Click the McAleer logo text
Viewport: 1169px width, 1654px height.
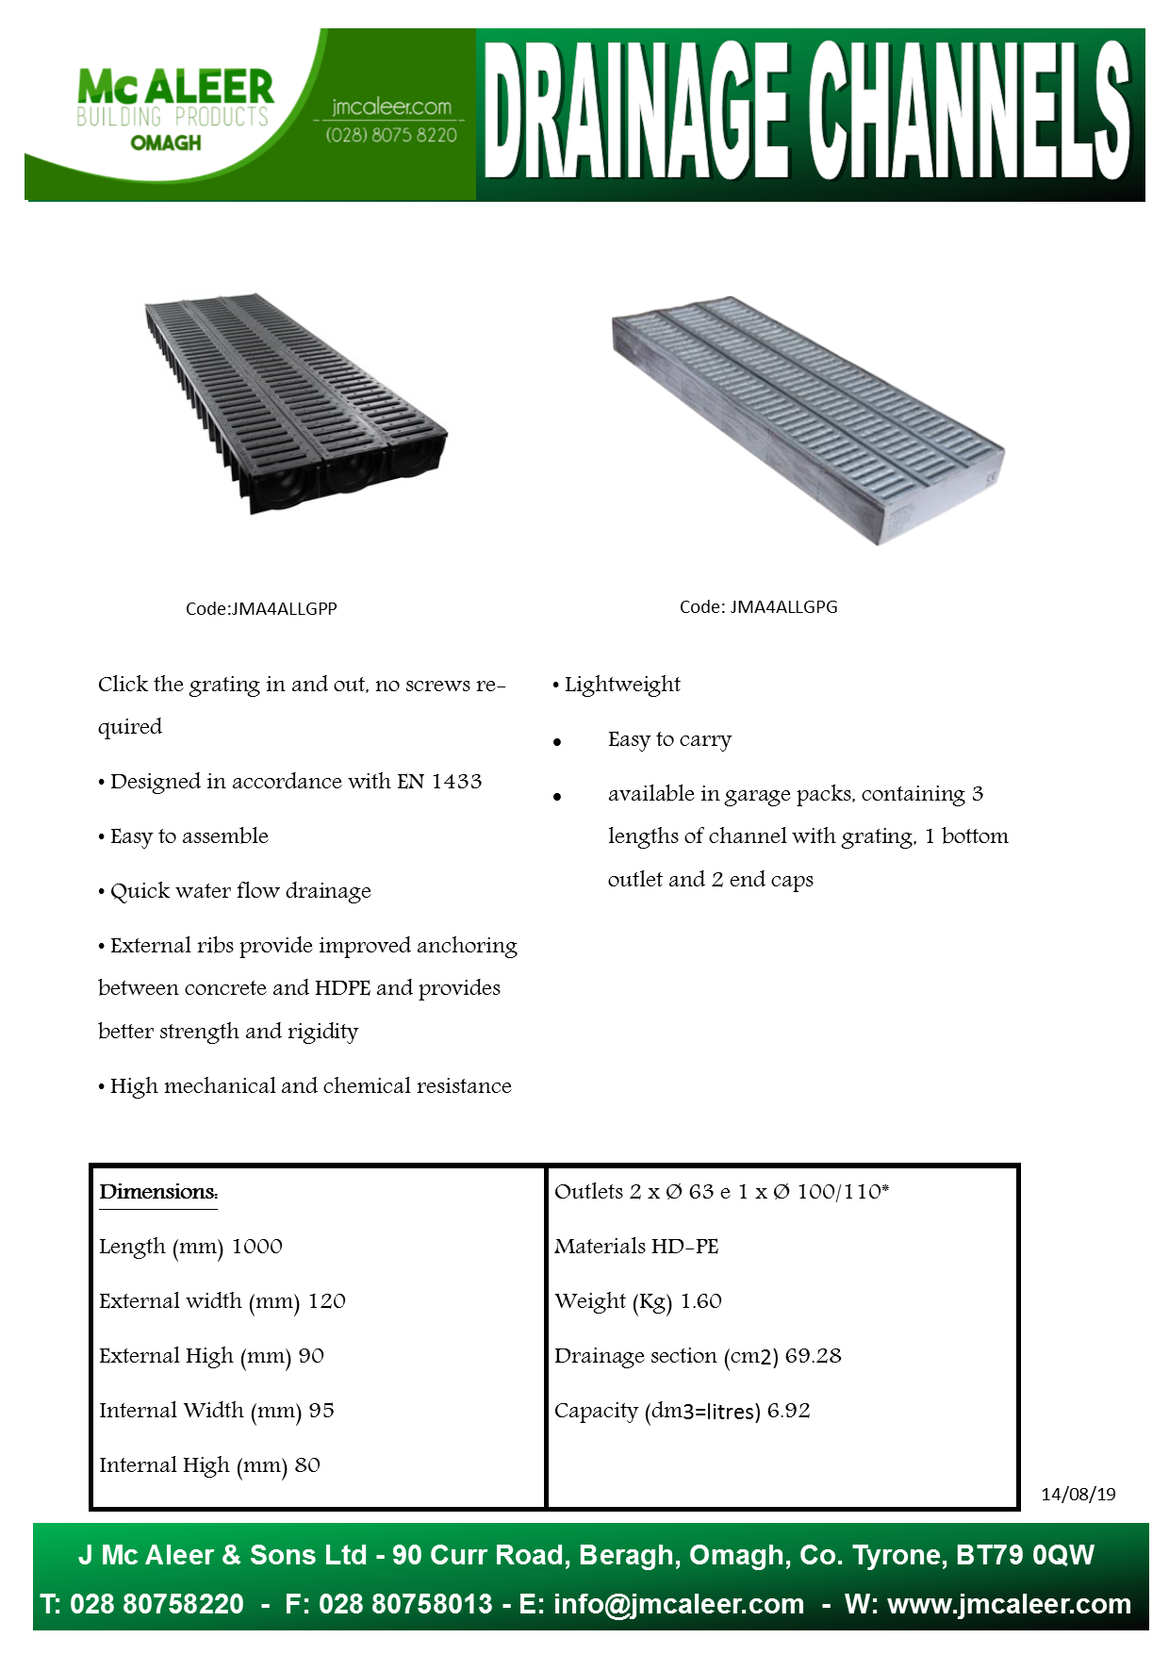(175, 88)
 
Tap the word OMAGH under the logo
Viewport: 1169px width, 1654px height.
(166, 143)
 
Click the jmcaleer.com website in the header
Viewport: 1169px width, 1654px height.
(391, 107)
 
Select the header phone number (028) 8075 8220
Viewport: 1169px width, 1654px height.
(391, 135)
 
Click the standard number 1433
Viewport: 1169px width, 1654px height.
(456, 782)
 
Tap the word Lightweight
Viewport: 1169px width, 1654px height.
(622, 685)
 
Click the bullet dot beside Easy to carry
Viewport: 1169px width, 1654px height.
(557, 742)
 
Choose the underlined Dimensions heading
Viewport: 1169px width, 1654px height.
(158, 1192)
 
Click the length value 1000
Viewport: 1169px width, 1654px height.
(257, 1247)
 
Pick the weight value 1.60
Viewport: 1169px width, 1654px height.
(701, 1301)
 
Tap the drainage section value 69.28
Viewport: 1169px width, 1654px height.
(813, 1356)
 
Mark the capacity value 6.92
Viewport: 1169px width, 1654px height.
(788, 1411)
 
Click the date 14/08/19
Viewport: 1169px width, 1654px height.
(1078, 1494)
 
